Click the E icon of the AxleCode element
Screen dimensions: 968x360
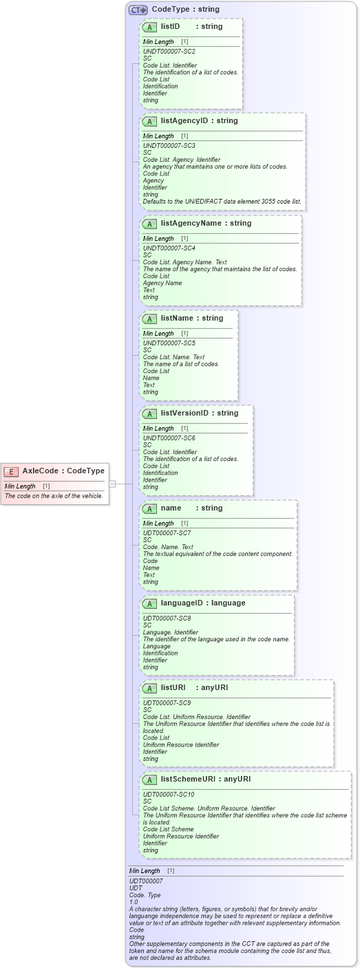(11, 471)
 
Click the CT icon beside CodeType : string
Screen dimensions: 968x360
(138, 10)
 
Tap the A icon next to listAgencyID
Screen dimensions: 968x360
(149, 121)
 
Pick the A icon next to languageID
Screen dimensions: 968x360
(149, 603)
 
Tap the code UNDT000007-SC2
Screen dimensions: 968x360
(169, 52)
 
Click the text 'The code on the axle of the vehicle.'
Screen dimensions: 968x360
(54, 495)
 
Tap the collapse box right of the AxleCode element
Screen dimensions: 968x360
(112, 484)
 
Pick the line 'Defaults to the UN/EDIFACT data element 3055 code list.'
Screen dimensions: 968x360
(222, 202)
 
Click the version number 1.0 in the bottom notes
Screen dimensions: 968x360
(134, 901)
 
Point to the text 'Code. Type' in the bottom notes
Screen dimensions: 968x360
(145, 894)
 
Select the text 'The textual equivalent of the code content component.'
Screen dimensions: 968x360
(218, 554)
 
